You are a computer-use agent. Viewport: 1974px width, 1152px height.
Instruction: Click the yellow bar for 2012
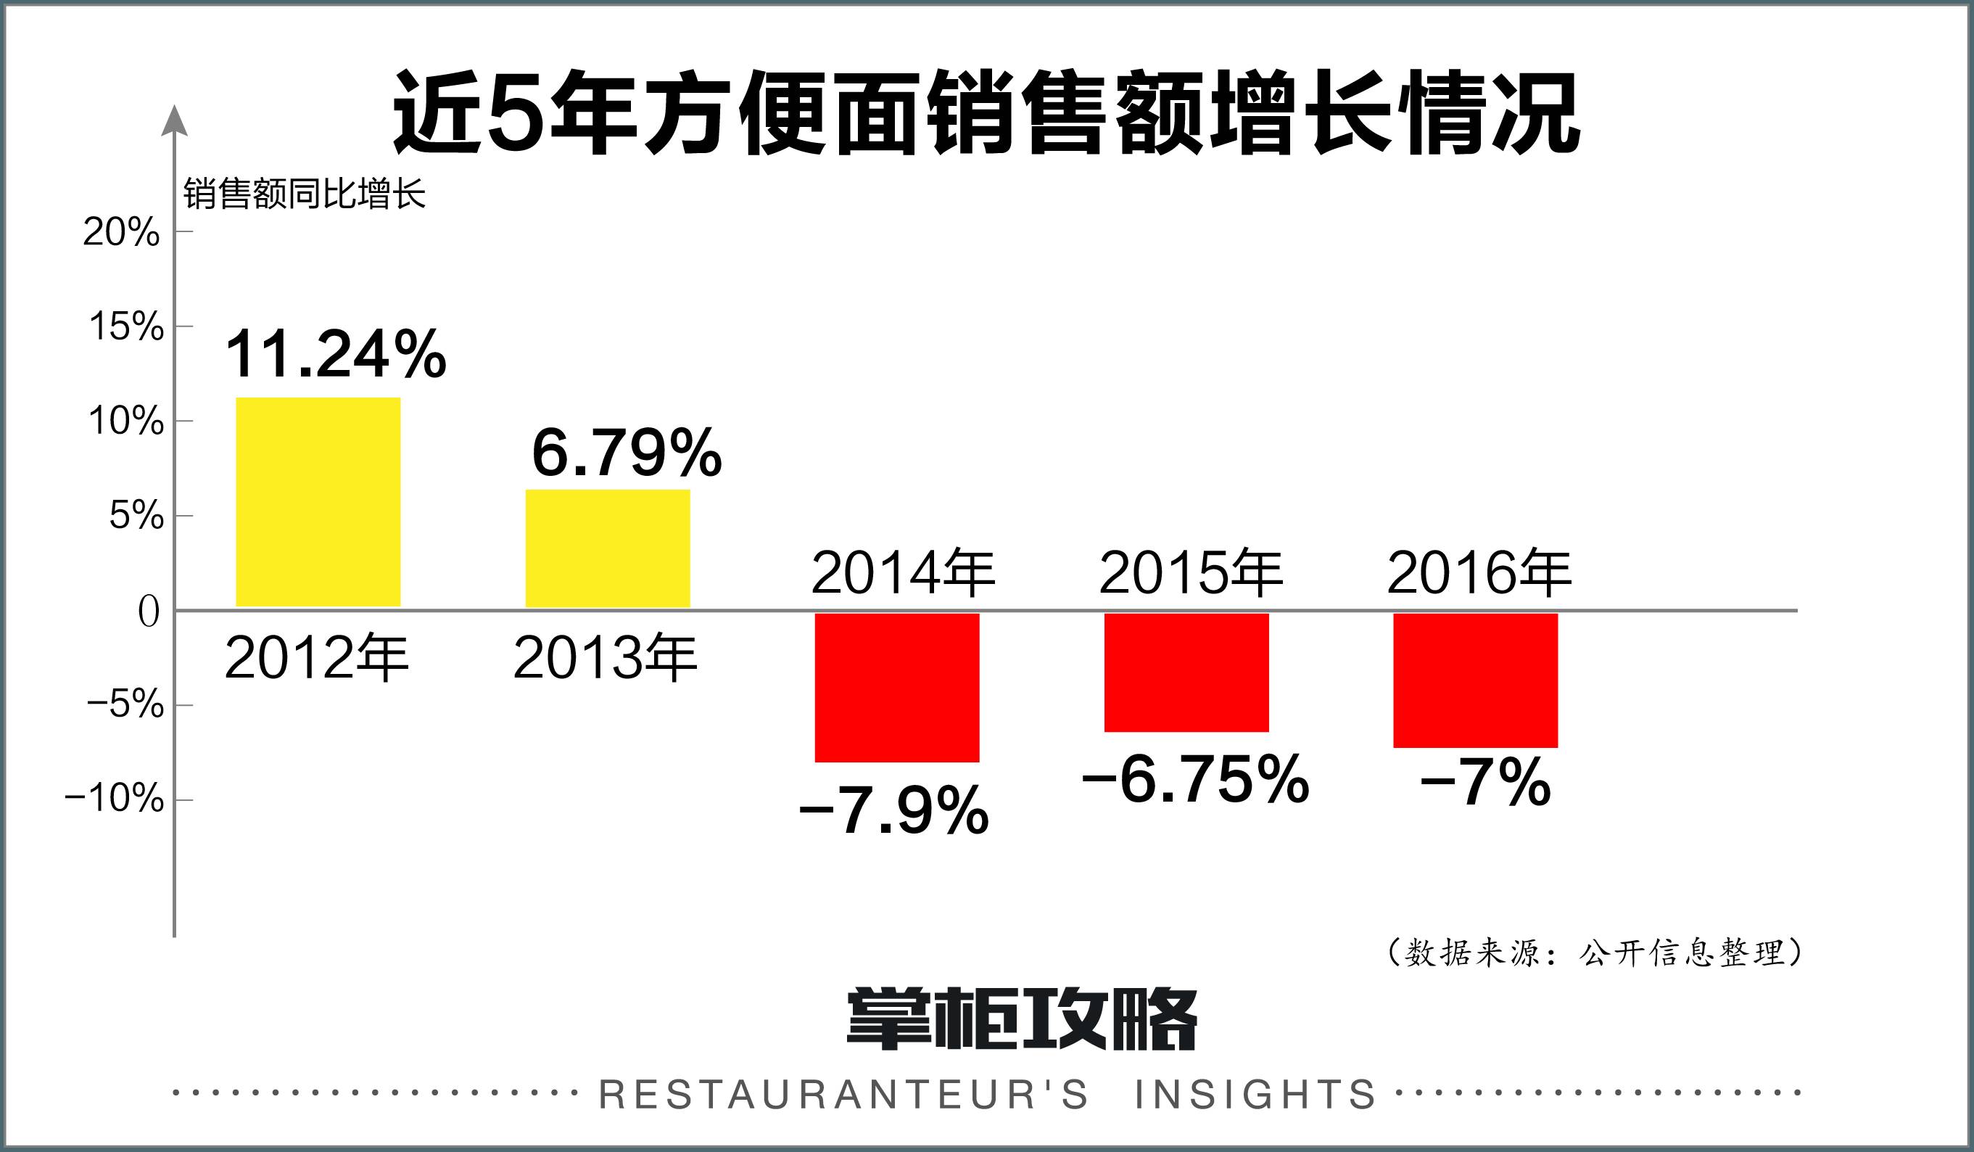click(x=318, y=502)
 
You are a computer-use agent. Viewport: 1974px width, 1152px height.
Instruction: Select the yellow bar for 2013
click(x=608, y=548)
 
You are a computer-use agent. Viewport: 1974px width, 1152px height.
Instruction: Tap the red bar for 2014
click(x=897, y=687)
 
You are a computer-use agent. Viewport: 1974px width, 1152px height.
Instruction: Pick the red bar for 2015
click(x=1186, y=672)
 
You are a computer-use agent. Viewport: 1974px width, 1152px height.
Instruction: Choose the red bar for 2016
click(x=1476, y=680)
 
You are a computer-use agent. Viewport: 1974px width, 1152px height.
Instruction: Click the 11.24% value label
click(x=336, y=355)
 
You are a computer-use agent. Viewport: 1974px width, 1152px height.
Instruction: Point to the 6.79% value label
click(x=627, y=453)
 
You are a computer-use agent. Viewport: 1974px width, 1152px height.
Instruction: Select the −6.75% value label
click(x=1195, y=780)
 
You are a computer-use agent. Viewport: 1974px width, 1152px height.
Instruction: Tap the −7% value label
click(x=1485, y=782)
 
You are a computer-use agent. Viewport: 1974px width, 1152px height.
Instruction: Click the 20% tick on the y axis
click(x=121, y=232)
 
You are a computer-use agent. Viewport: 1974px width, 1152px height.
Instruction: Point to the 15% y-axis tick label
click(x=126, y=326)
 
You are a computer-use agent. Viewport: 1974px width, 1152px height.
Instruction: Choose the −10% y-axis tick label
click(x=115, y=799)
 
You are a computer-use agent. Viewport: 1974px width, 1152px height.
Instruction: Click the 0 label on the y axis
click(x=149, y=612)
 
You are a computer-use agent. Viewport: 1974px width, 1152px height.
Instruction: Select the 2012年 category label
click(x=316, y=658)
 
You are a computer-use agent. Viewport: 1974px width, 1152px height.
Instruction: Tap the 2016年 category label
click(x=1479, y=574)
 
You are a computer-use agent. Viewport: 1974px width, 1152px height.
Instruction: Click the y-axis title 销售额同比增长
click(x=304, y=194)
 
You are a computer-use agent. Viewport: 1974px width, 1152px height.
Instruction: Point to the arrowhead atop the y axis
click(x=174, y=121)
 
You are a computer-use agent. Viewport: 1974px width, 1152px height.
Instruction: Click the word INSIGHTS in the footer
click(x=1255, y=1095)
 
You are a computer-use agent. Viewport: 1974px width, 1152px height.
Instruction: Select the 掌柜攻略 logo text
click(x=1022, y=1019)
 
